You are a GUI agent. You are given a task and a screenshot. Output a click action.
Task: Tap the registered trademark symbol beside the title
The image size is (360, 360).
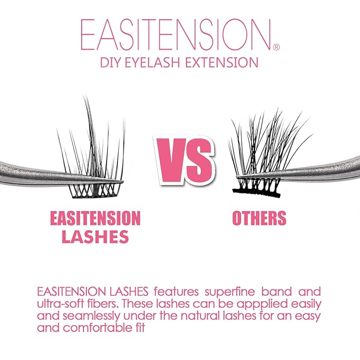[x=276, y=47]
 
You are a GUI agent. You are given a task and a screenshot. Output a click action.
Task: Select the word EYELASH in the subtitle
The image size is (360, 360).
[x=156, y=63]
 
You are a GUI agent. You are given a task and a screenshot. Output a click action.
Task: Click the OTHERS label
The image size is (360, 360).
[x=259, y=218]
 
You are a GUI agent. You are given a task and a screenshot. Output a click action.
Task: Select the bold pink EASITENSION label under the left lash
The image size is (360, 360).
[x=95, y=218]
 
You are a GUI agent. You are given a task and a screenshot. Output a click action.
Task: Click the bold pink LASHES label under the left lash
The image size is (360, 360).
[x=95, y=237]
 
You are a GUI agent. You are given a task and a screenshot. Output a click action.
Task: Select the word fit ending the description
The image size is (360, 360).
[x=152, y=328]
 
